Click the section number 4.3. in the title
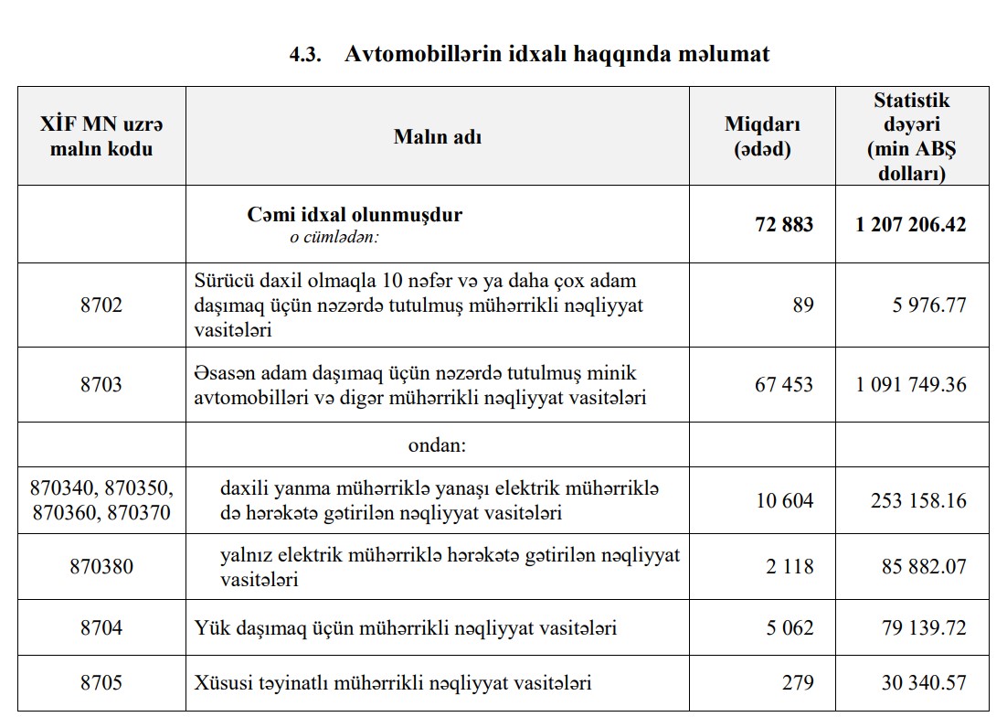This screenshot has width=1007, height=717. click(x=305, y=55)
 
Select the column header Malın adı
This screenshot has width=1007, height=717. click(x=438, y=137)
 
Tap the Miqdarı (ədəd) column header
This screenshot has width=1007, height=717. click(x=762, y=137)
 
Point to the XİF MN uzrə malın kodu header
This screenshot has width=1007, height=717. click(x=101, y=137)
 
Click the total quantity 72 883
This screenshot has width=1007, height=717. click(x=784, y=224)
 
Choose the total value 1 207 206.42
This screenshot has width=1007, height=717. click(x=911, y=224)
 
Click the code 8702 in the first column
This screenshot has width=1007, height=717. click(x=101, y=305)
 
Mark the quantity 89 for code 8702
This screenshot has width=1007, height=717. click(x=802, y=305)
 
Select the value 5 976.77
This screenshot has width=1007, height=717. click(x=929, y=305)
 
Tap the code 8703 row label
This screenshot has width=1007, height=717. click(x=101, y=384)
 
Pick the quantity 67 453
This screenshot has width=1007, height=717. click(x=784, y=384)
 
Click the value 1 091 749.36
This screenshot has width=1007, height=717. click(x=911, y=384)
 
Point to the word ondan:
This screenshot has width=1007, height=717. click(x=438, y=445)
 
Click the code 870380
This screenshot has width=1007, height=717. click(x=101, y=566)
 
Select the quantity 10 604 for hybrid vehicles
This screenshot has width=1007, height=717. click(x=784, y=500)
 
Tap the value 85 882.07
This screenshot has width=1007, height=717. click(x=924, y=566)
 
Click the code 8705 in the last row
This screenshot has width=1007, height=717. click(x=101, y=683)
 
